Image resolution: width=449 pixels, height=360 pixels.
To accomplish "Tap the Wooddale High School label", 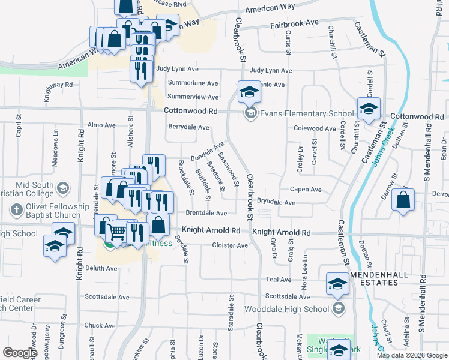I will (288, 309).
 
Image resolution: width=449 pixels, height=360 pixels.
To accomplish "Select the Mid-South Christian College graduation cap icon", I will (62, 190).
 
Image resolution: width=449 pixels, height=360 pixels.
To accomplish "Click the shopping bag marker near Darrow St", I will (403, 202).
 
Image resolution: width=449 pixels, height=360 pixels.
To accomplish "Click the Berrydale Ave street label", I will (188, 127).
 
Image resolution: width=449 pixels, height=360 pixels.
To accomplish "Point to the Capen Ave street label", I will (306, 189).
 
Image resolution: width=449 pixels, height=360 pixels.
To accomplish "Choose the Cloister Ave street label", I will (231, 245).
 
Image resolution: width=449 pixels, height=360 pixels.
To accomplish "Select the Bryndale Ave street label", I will (276, 203).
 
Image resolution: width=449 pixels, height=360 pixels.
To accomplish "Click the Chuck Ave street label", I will (100, 325).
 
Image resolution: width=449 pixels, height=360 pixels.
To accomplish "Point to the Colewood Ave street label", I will (314, 128).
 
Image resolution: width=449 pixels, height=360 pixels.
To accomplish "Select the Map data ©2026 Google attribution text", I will (411, 356).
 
